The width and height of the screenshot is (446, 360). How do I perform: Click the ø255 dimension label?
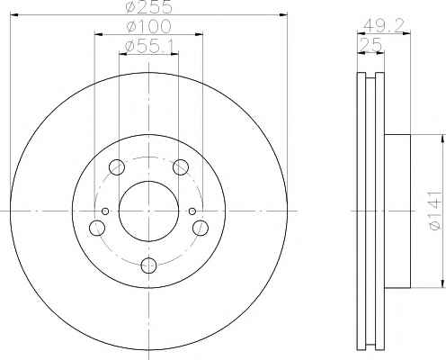point(149,8)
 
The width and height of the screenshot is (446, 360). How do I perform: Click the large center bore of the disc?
point(149,211)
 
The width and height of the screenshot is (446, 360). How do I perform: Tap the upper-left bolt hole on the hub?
point(116,166)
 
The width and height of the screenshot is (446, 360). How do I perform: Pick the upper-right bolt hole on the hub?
point(182,166)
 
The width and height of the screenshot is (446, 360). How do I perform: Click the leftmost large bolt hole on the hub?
point(96,228)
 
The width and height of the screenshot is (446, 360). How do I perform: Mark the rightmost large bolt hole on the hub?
point(201,228)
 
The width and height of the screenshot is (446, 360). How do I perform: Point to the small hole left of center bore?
point(105,211)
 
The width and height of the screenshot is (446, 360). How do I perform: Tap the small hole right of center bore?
point(192,211)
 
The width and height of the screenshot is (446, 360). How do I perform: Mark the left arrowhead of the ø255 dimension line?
point(14,15)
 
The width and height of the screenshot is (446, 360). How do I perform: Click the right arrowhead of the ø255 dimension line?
point(284,15)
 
